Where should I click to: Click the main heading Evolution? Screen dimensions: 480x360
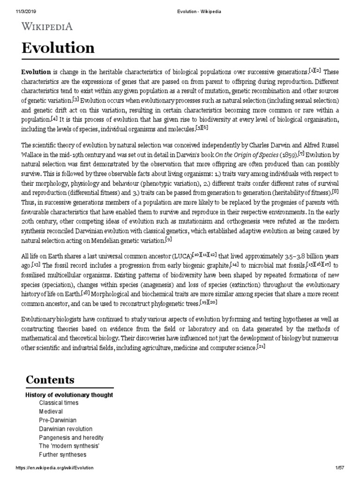(58, 48)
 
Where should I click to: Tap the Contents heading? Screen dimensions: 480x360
(50, 379)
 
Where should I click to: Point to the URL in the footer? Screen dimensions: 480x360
(55, 468)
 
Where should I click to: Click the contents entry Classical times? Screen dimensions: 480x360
(59, 403)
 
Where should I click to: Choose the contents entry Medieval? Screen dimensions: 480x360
(51, 412)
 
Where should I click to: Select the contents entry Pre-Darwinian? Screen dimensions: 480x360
(58, 420)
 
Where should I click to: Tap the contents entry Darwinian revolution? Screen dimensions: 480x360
(66, 429)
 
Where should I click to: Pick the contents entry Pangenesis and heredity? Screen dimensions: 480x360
(71, 437)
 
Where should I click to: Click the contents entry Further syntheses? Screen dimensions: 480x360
(62, 455)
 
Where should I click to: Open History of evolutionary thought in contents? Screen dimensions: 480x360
(69, 395)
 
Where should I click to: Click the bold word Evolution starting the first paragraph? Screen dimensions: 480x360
(36, 72)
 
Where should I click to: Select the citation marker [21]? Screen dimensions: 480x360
(261, 346)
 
